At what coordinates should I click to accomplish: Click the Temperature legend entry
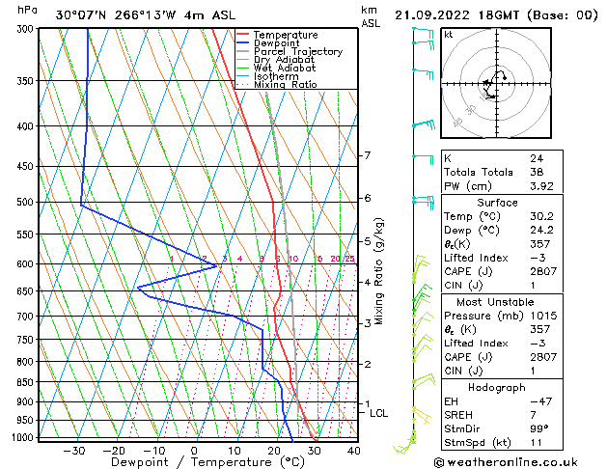[286, 35]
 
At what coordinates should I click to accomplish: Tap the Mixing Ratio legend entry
[285, 85]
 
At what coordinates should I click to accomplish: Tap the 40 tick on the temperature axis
[354, 450]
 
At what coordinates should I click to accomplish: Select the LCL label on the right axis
[379, 413]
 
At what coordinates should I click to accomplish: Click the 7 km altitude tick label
[367, 155]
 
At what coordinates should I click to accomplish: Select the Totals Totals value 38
[536, 172]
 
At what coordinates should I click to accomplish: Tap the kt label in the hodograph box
[449, 34]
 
